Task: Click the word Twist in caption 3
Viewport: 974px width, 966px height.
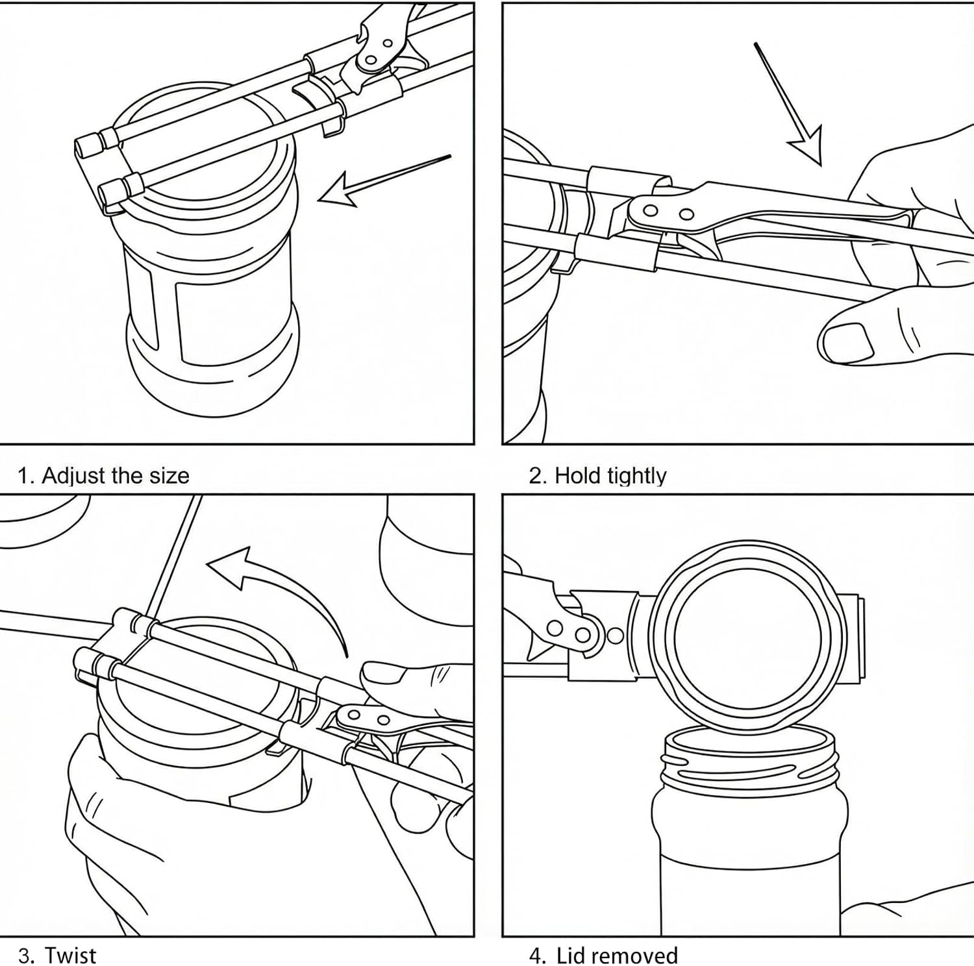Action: coord(70,956)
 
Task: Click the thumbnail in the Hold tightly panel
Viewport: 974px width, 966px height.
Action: coord(847,341)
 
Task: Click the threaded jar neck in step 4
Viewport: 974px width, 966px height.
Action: coord(750,766)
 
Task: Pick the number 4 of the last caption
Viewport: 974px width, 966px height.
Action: coord(535,956)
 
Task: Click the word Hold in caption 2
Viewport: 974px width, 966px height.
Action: coord(578,476)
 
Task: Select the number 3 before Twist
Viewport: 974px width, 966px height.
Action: coord(25,956)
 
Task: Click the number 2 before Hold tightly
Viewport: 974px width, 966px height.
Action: coord(536,477)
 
